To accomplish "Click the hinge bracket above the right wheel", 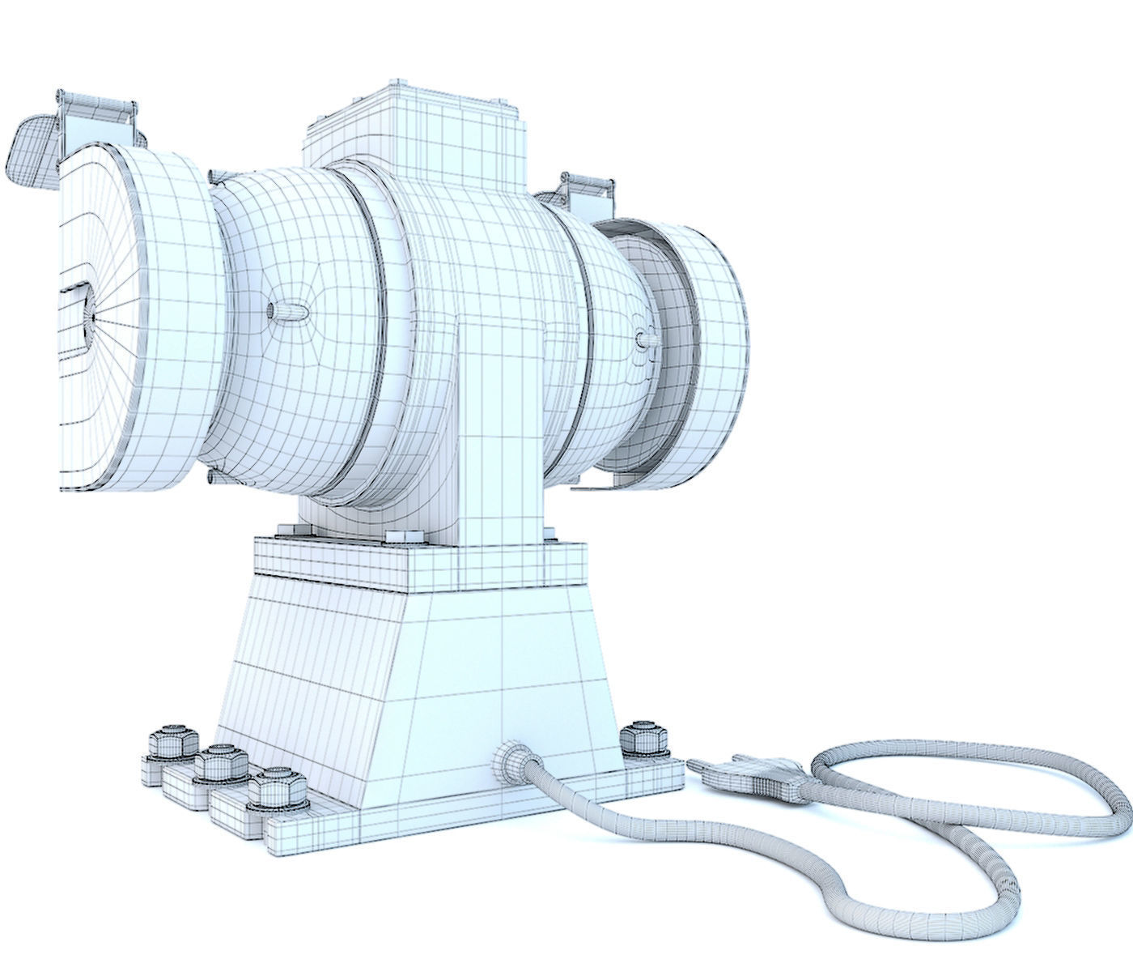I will pos(584,190).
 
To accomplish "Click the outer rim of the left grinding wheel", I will pos(174,324).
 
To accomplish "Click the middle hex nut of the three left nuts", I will pos(222,764).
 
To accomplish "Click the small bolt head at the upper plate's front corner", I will pos(402,536).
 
